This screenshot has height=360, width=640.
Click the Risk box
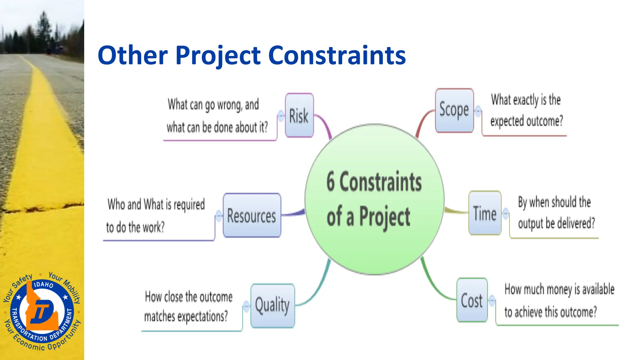point(299,115)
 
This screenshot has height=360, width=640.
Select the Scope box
point(454,110)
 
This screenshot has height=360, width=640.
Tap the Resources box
point(252,215)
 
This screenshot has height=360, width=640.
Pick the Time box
point(485,213)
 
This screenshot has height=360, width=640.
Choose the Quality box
point(272,305)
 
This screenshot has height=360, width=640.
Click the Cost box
point(472,300)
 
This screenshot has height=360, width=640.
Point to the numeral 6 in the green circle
point(331,182)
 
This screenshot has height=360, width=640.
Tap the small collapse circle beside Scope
point(478,111)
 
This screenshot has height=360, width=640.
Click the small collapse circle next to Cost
point(492,300)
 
